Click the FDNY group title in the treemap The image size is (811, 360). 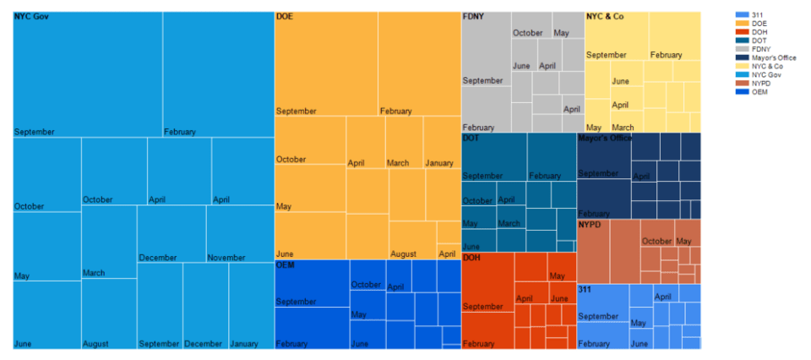coord(474,16)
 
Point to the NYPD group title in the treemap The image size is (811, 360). coord(590,226)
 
